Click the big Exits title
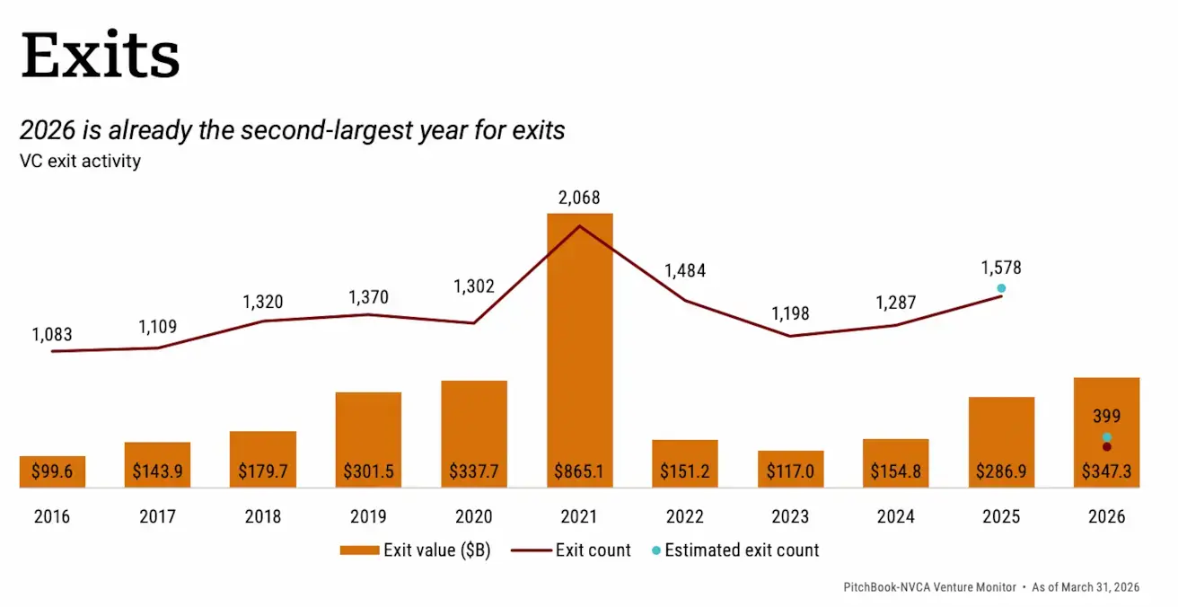click(x=101, y=56)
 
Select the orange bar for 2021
click(x=579, y=350)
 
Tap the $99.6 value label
click(x=52, y=471)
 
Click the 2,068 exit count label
click(x=579, y=198)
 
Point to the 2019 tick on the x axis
click(x=368, y=517)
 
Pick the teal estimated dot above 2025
click(x=1001, y=288)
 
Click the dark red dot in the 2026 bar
click(x=1107, y=447)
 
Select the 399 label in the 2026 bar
click(x=1106, y=417)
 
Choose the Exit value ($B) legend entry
click(x=416, y=550)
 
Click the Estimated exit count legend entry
click(x=736, y=550)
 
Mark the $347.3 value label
click(x=1106, y=471)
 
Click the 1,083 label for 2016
click(x=52, y=335)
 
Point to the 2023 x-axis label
click(x=790, y=517)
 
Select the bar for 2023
click(x=790, y=469)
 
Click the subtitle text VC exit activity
click(x=80, y=163)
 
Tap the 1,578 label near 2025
click(x=1001, y=268)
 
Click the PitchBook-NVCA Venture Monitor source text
click(x=929, y=587)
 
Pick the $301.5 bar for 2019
click(x=368, y=440)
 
